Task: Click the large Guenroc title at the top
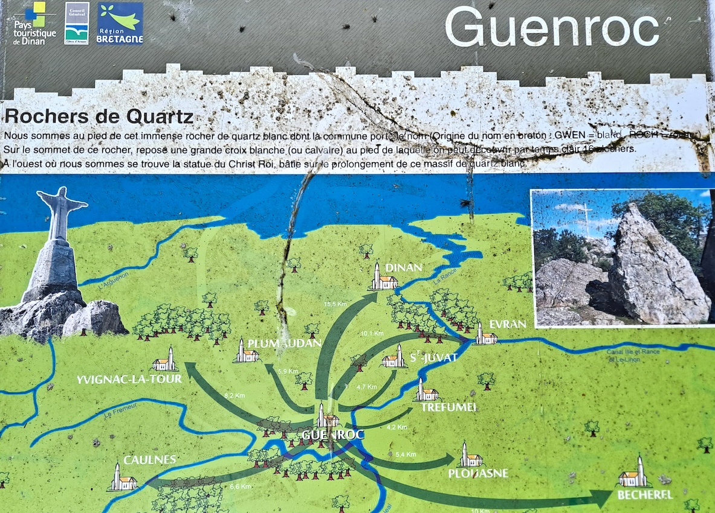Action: coord(551,27)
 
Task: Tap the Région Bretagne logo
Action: coord(120,24)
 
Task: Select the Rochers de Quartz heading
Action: coord(99,116)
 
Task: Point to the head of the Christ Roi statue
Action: coord(61,196)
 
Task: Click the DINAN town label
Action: coord(403,267)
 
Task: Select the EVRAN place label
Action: coord(508,324)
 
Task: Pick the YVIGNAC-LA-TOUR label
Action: coord(129,379)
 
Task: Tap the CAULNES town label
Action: coord(150,460)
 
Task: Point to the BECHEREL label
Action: coord(645,495)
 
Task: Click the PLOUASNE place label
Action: coord(477,473)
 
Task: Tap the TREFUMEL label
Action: coord(448,407)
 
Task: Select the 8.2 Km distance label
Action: coord(234,395)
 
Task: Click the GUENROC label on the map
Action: coord(332,435)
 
